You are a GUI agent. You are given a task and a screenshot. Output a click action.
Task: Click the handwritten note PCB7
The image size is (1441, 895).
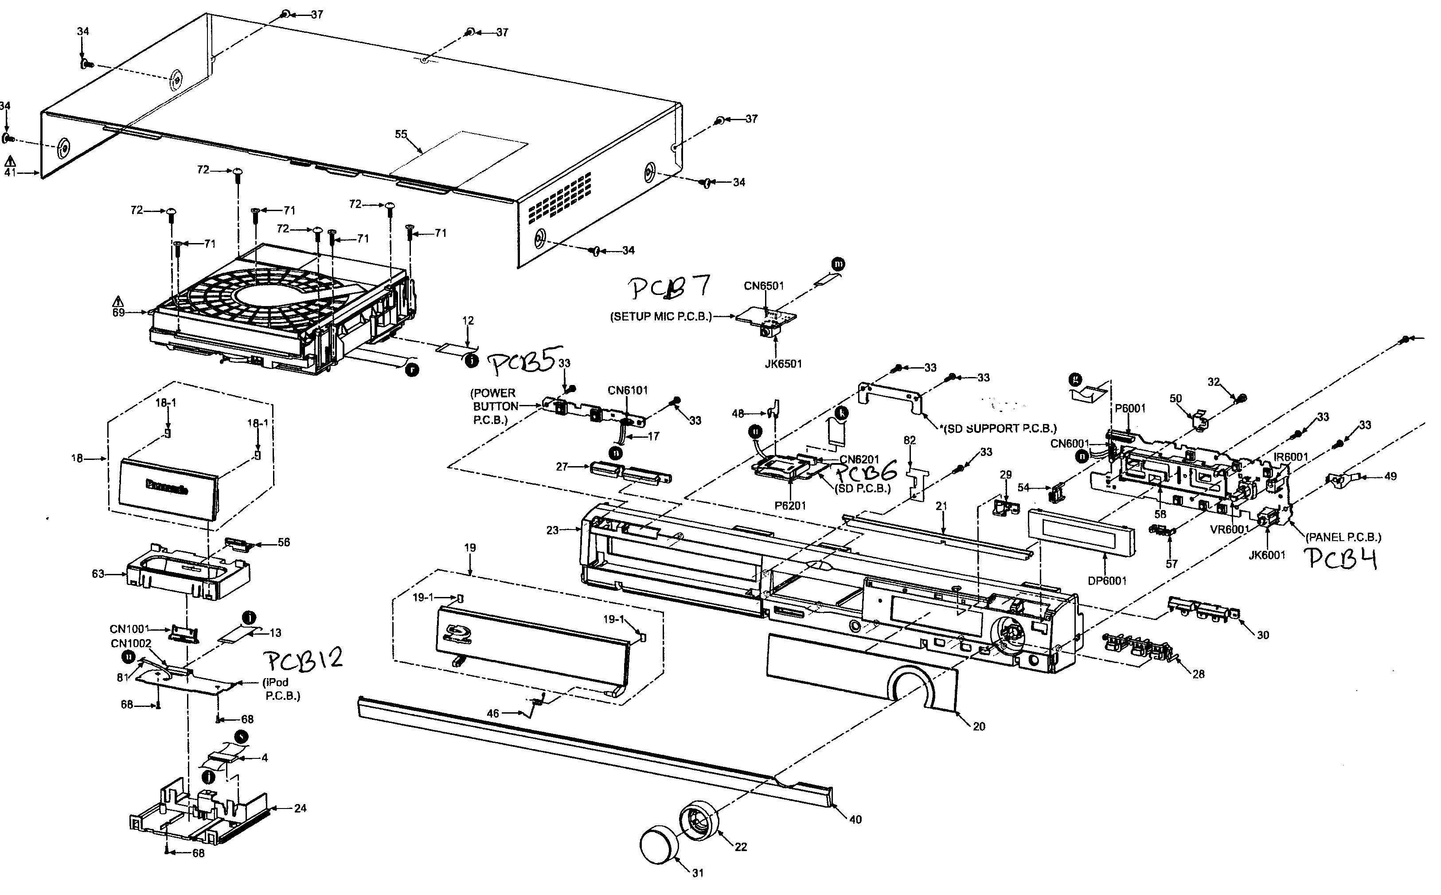point(668,288)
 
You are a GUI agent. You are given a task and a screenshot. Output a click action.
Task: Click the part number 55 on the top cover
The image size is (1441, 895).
point(401,134)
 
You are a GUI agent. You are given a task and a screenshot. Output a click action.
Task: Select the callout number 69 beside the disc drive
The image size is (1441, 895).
point(119,313)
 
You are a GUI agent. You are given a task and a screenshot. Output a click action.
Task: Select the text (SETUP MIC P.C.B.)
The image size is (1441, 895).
point(661,317)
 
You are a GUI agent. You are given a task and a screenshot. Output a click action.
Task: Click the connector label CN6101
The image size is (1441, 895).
point(628,391)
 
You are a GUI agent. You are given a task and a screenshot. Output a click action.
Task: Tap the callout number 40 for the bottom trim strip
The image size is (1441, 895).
point(855,820)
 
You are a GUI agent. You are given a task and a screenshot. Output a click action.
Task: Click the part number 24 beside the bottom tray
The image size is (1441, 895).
point(301,809)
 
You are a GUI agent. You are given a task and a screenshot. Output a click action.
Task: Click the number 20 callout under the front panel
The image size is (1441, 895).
point(979,727)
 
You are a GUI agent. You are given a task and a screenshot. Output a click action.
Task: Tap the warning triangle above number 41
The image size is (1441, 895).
point(10,161)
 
